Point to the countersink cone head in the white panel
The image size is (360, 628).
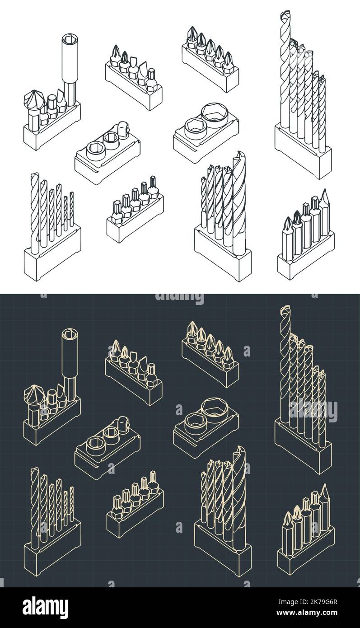coord(33,100)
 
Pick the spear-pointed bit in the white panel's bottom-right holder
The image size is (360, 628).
coord(325,199)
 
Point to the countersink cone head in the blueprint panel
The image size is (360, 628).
coord(33,395)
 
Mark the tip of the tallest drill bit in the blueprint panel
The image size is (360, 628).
coord(285,310)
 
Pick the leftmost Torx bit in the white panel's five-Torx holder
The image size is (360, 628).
coord(116,210)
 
